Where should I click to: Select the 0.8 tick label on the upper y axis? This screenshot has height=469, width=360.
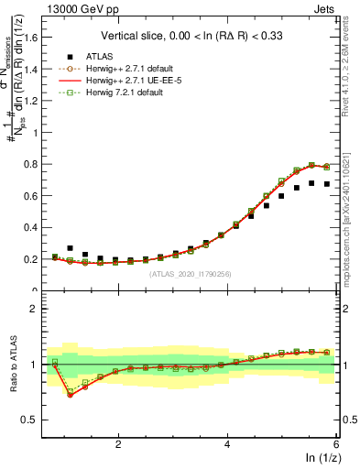pos(38,165)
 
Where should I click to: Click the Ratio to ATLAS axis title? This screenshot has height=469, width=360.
pos(14,364)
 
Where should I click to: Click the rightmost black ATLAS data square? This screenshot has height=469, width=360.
pos(326,184)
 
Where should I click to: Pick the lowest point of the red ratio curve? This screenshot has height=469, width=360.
pos(70,395)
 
